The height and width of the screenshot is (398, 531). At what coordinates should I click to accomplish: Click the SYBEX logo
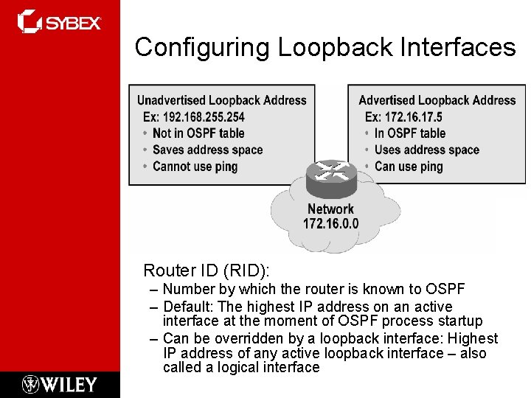click(x=60, y=21)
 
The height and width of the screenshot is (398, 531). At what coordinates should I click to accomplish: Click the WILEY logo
click(x=60, y=384)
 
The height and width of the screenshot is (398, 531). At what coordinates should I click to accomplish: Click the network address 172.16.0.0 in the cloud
click(x=330, y=223)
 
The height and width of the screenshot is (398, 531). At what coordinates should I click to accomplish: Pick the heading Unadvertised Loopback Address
click(x=221, y=100)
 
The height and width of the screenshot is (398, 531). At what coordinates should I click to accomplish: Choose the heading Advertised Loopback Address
click(x=437, y=100)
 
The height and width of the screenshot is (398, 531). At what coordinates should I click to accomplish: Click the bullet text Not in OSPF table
click(x=198, y=133)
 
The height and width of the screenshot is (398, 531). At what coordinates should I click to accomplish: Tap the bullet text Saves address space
click(x=207, y=150)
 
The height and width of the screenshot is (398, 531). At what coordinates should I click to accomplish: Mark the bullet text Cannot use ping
click(x=195, y=167)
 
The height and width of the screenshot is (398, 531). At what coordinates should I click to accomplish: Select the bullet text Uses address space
click(x=426, y=150)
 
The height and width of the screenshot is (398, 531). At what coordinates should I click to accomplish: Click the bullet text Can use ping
click(x=408, y=167)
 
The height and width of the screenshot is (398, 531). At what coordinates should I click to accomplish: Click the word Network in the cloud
click(x=330, y=209)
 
